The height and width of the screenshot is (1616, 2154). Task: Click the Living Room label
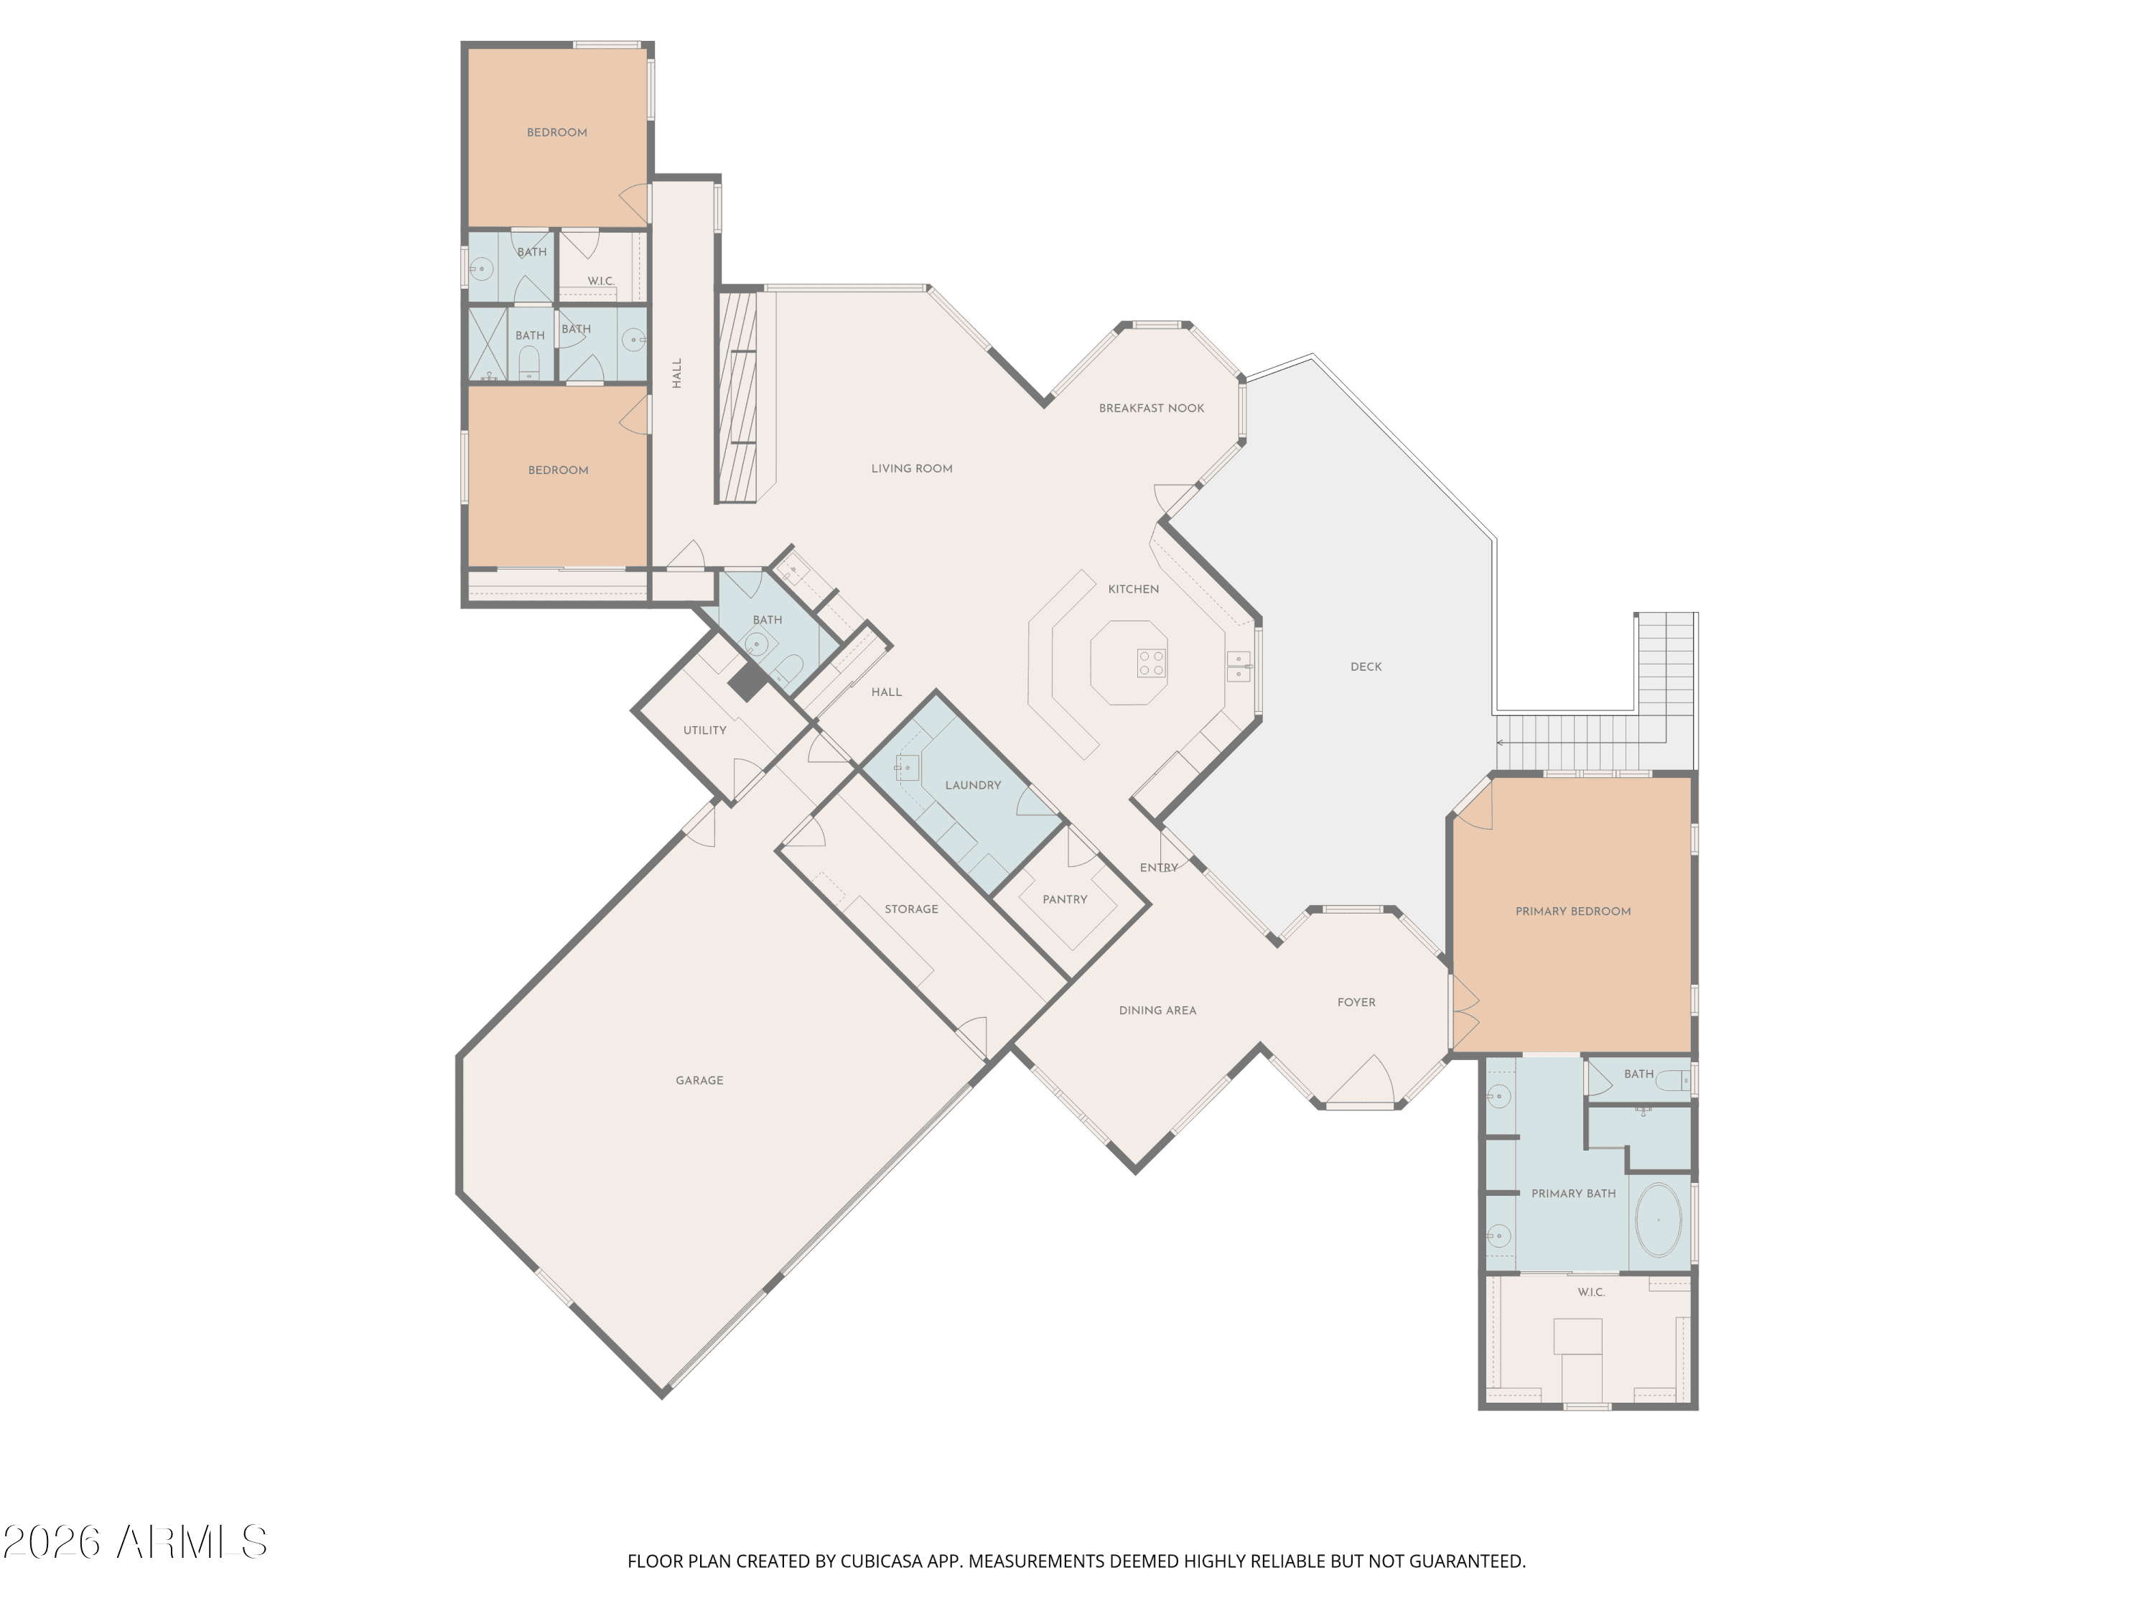[911, 468]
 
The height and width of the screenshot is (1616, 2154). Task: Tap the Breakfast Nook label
[1151, 408]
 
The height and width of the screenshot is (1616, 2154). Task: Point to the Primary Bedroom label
[1572, 911]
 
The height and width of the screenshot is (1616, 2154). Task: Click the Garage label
[699, 1080]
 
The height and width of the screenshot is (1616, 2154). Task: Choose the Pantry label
[1064, 900]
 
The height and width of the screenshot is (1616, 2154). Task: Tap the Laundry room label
[973, 785]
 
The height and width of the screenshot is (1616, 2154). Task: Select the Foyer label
[1356, 1003]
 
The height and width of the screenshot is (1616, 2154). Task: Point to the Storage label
[911, 909]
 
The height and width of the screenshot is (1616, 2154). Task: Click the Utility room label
[704, 730]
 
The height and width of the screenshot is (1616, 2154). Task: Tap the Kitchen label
[1134, 590]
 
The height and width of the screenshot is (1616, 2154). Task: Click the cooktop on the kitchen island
[1151, 664]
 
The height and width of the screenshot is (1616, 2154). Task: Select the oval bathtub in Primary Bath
[1657, 1220]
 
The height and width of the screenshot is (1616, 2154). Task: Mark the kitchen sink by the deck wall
[1239, 667]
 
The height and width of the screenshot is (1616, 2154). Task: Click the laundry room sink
[907, 768]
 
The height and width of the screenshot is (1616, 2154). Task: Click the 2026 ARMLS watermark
[136, 1543]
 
